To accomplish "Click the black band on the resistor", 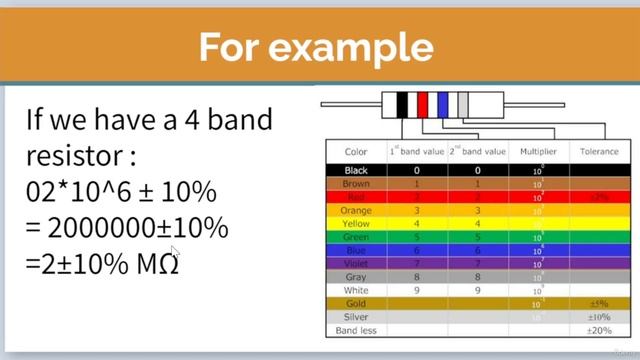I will pyautogui.click(x=403, y=104).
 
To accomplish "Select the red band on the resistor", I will pyautogui.click(x=423, y=104).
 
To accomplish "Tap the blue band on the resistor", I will pyautogui.click(x=442, y=104).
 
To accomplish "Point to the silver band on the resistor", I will pyautogui.click(x=462, y=104).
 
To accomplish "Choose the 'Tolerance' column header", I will pyautogui.click(x=599, y=152).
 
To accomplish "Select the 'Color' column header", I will pyautogui.click(x=356, y=152).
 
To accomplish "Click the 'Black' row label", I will pyautogui.click(x=356, y=171).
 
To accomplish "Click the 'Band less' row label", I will pyautogui.click(x=356, y=330).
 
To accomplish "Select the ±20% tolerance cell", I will pyautogui.click(x=599, y=330).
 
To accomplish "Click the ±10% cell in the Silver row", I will pyautogui.click(x=599, y=317).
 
